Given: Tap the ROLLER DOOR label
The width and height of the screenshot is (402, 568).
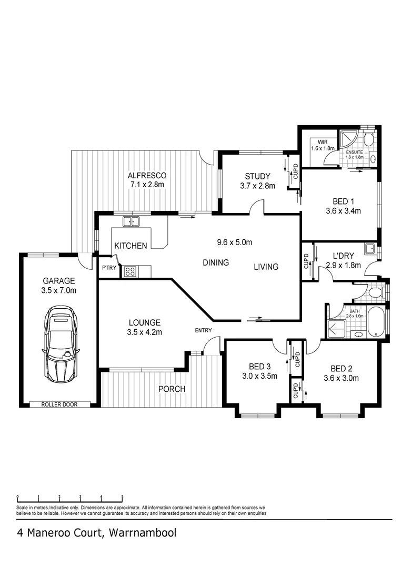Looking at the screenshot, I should coord(59,404).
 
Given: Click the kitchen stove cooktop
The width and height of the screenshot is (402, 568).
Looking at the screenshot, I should coord(129,271).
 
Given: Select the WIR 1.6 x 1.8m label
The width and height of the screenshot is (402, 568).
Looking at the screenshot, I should coord(322,145).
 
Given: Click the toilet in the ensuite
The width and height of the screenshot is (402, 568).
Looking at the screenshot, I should coord(369,139).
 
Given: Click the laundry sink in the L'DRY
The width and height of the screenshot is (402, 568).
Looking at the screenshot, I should coord(371,249).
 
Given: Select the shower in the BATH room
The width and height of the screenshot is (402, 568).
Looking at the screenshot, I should coord(334,328).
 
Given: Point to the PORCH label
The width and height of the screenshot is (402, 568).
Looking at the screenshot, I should coord(172,389).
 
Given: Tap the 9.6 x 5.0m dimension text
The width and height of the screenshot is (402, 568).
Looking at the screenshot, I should coord(235,242).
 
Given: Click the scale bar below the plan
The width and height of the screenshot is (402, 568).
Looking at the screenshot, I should coord(69,497).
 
